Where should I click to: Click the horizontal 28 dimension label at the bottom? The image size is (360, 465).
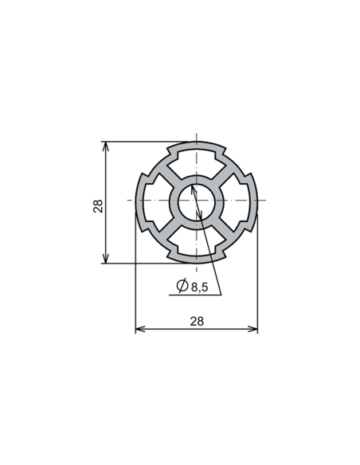tap(197, 320)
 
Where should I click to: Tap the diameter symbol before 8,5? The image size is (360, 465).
tap(182, 286)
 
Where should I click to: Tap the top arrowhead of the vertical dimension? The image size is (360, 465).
tap(105, 147)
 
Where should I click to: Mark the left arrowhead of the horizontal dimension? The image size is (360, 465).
tap(140, 329)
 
